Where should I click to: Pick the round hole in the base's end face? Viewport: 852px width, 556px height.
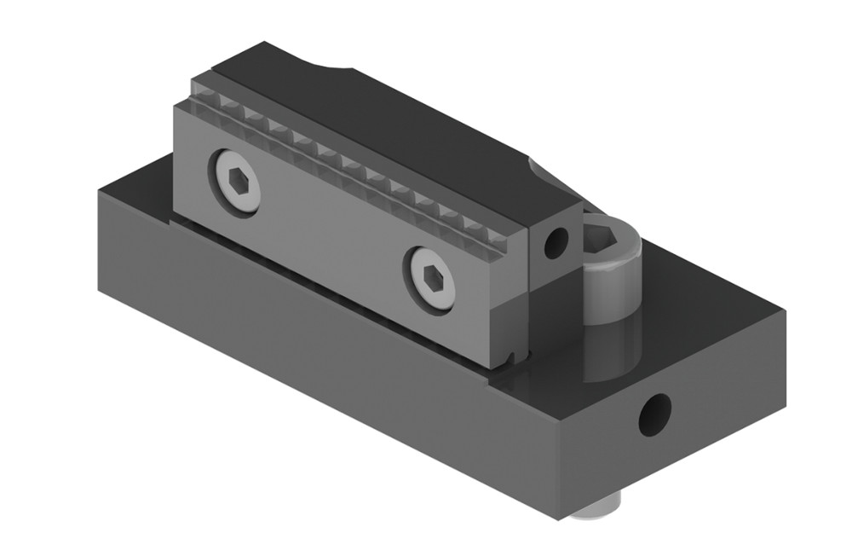click(655, 414)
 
